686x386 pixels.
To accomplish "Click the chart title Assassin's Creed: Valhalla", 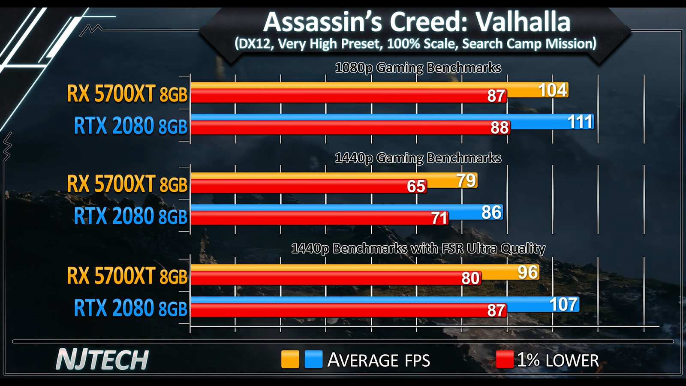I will (417, 22).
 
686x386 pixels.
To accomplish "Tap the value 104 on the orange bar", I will (553, 90).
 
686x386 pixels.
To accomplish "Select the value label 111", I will (580, 122).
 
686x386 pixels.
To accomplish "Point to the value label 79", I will (466, 181).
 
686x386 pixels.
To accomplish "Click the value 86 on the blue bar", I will (491, 212).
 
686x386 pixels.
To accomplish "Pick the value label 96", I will (527, 272).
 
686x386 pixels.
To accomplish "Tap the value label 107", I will (564, 305).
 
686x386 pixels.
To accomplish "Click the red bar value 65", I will (416, 187).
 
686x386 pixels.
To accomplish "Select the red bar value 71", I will (439, 218).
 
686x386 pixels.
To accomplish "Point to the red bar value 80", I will (470, 279).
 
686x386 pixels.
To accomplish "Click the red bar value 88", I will (499, 128).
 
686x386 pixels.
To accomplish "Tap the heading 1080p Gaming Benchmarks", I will (418, 68).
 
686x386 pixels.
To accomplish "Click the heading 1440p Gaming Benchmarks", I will (418, 158).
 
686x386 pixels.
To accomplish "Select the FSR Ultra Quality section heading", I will (418, 249).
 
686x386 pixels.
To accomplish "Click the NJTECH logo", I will (102, 360).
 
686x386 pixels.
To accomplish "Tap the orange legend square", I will (290, 359).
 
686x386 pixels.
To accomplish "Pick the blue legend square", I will (313, 359).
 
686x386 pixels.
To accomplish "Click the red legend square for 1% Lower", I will (505, 359).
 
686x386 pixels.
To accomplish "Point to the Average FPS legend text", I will (379, 360).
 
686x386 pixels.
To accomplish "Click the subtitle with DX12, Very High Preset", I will (415, 44).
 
